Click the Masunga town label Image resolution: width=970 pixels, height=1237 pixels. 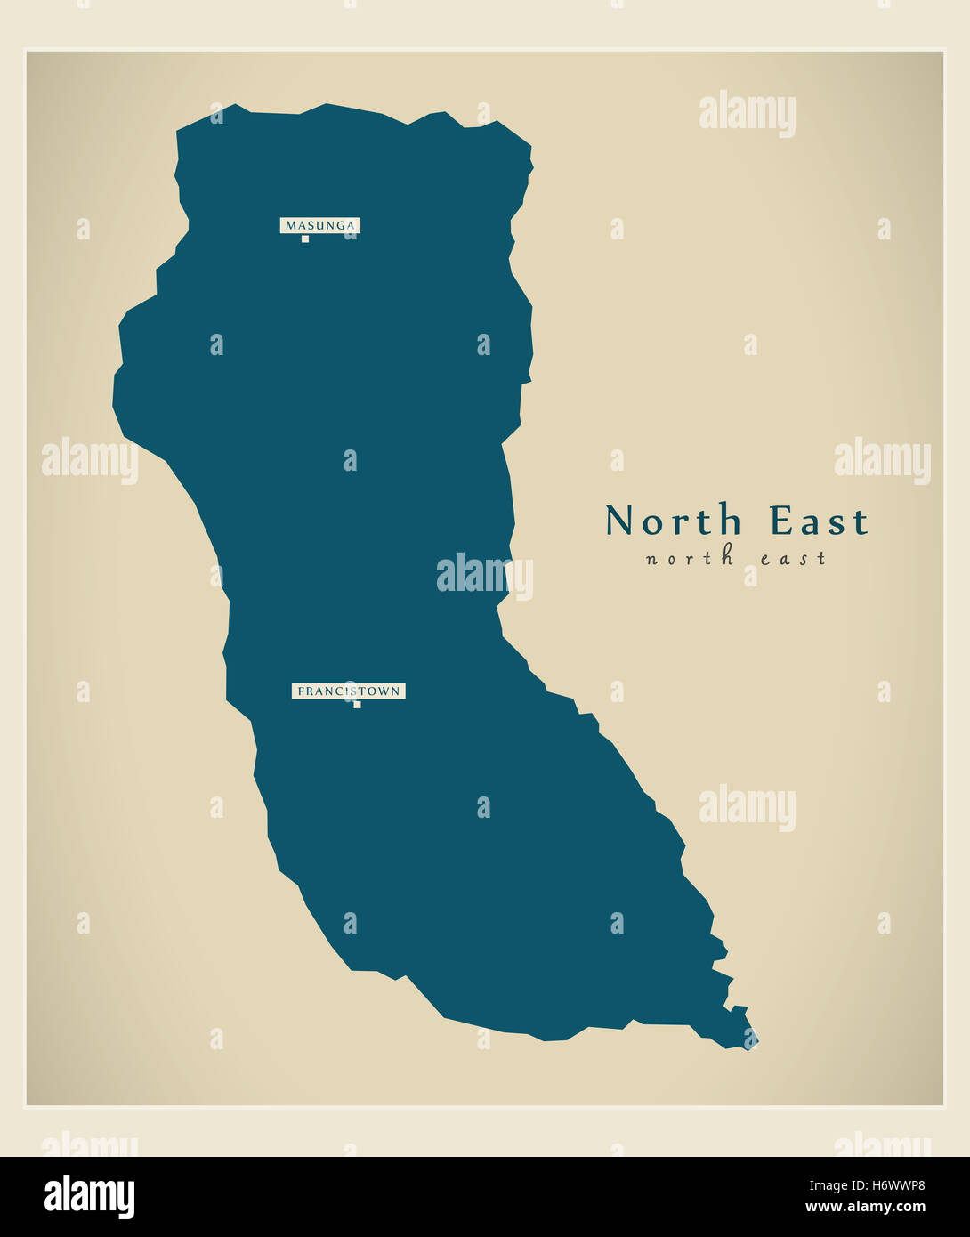coord(319,226)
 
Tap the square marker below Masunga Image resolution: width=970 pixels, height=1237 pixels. coord(304,239)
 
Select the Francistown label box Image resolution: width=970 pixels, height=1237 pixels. coord(348,691)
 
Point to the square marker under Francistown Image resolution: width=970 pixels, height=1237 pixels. coord(357,705)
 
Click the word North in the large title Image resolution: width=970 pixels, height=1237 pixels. coord(674,521)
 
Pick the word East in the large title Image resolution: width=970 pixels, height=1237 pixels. coord(819,521)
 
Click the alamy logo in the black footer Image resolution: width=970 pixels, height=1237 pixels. coord(89,1197)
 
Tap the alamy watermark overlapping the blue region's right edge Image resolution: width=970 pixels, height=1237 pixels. coord(484,576)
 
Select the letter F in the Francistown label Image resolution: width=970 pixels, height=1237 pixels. coord(301,691)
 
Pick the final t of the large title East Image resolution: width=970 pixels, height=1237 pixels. coord(861,523)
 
